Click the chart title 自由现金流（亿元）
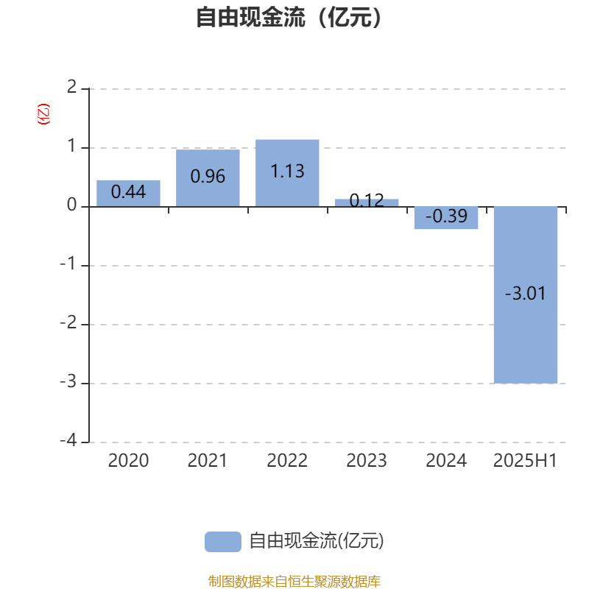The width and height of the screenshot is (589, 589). pos(289,17)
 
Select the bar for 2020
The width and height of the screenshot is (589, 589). pos(128,194)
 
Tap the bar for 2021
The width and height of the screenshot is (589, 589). pos(208,178)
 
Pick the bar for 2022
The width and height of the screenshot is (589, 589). pos(287,173)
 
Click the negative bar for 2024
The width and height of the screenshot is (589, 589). pos(446,218)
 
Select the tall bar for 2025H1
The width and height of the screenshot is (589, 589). pos(526,295)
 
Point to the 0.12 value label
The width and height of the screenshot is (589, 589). pos(367,200)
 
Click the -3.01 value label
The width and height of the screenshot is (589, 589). pos(525,293)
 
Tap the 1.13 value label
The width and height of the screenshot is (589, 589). pos(287,172)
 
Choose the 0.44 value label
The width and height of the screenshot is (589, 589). pos(128,192)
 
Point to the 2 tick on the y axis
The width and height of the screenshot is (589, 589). pos(71,87)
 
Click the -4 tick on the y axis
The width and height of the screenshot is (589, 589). pos(68,440)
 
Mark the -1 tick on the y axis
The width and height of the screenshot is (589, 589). pos(68,264)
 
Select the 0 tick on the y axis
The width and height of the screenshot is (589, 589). pos(71,205)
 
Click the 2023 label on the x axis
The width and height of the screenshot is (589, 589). pos(367,461)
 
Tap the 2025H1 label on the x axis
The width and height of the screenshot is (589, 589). pos(525,461)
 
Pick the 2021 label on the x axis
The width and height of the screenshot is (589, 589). pos(208,461)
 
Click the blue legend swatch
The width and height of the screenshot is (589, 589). pos(223,542)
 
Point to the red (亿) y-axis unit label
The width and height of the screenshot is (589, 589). pos(43,114)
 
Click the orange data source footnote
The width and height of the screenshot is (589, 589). pos(294,581)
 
